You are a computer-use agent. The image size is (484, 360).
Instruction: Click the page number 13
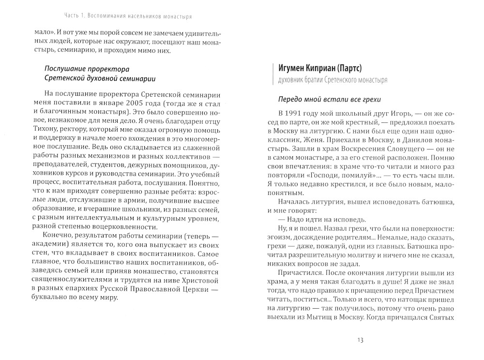tap(361, 340)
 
